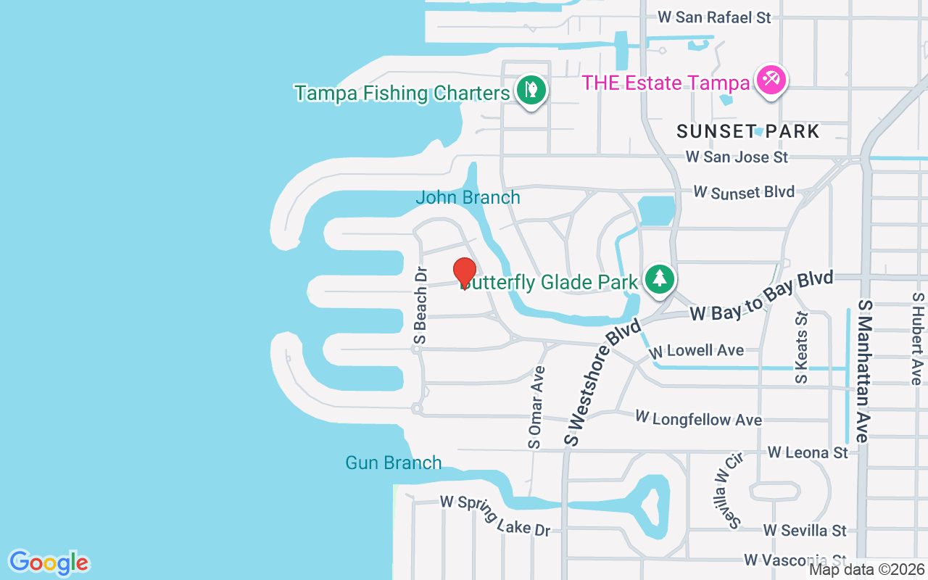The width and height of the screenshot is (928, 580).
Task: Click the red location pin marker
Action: [x=464, y=273]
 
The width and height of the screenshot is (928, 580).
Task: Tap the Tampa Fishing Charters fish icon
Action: [x=531, y=90]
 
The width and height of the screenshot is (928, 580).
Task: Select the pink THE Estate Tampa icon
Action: [x=771, y=80]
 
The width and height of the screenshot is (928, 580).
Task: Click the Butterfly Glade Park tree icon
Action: [x=659, y=278]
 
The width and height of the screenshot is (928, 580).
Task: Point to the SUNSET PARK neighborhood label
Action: [x=748, y=131]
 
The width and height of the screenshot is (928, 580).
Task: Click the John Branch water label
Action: [x=468, y=197]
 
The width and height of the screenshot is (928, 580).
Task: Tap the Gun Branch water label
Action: [x=393, y=463]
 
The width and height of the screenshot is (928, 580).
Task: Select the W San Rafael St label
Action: [x=714, y=17]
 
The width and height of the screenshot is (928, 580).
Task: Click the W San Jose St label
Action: [x=737, y=157]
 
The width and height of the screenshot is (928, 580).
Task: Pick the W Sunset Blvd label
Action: [x=744, y=192]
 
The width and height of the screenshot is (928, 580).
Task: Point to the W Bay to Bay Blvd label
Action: [x=761, y=297]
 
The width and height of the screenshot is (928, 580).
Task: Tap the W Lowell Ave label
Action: [x=697, y=351]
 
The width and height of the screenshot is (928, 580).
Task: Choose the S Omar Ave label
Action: [x=536, y=406]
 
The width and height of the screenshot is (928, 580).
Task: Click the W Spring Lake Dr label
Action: [x=495, y=515]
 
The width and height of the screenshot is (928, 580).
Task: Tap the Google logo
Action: [x=49, y=563]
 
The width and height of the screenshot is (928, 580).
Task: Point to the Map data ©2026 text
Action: [x=866, y=570]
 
